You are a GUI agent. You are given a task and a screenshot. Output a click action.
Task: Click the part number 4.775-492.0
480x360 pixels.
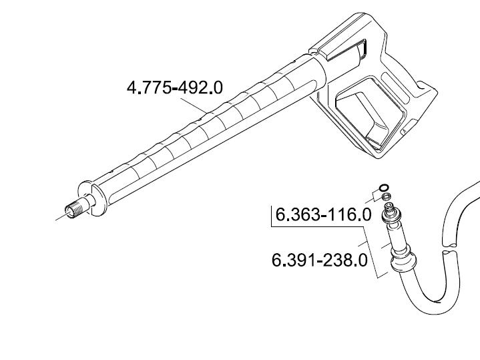(x=175, y=87)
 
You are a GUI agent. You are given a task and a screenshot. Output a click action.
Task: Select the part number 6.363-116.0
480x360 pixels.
(x=324, y=214)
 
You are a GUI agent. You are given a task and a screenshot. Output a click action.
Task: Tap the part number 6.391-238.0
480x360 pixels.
(x=320, y=261)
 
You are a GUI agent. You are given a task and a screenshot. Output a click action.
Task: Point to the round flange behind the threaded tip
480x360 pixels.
(x=91, y=198)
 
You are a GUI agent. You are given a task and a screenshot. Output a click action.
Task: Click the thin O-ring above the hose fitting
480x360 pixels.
(x=384, y=188)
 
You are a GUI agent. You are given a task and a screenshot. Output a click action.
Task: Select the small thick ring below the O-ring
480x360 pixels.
(x=387, y=196)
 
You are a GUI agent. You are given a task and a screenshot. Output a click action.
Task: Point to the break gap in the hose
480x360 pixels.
(x=450, y=248)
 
